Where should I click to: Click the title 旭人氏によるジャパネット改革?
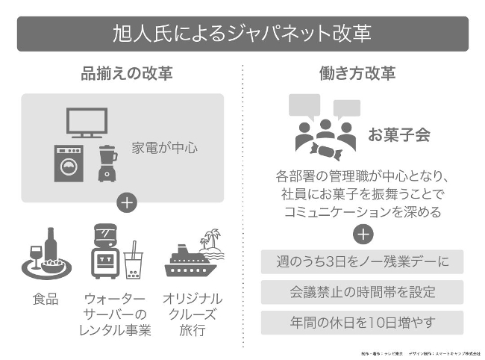242,34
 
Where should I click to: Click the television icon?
84,124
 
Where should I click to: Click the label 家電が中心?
165,147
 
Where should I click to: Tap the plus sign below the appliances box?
127,204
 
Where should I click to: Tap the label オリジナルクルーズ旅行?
192,314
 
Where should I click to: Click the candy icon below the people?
326,152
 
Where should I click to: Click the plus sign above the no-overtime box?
363,235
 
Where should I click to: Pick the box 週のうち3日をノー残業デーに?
362,262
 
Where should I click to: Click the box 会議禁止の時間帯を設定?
362,292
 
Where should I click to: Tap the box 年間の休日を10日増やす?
362,322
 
